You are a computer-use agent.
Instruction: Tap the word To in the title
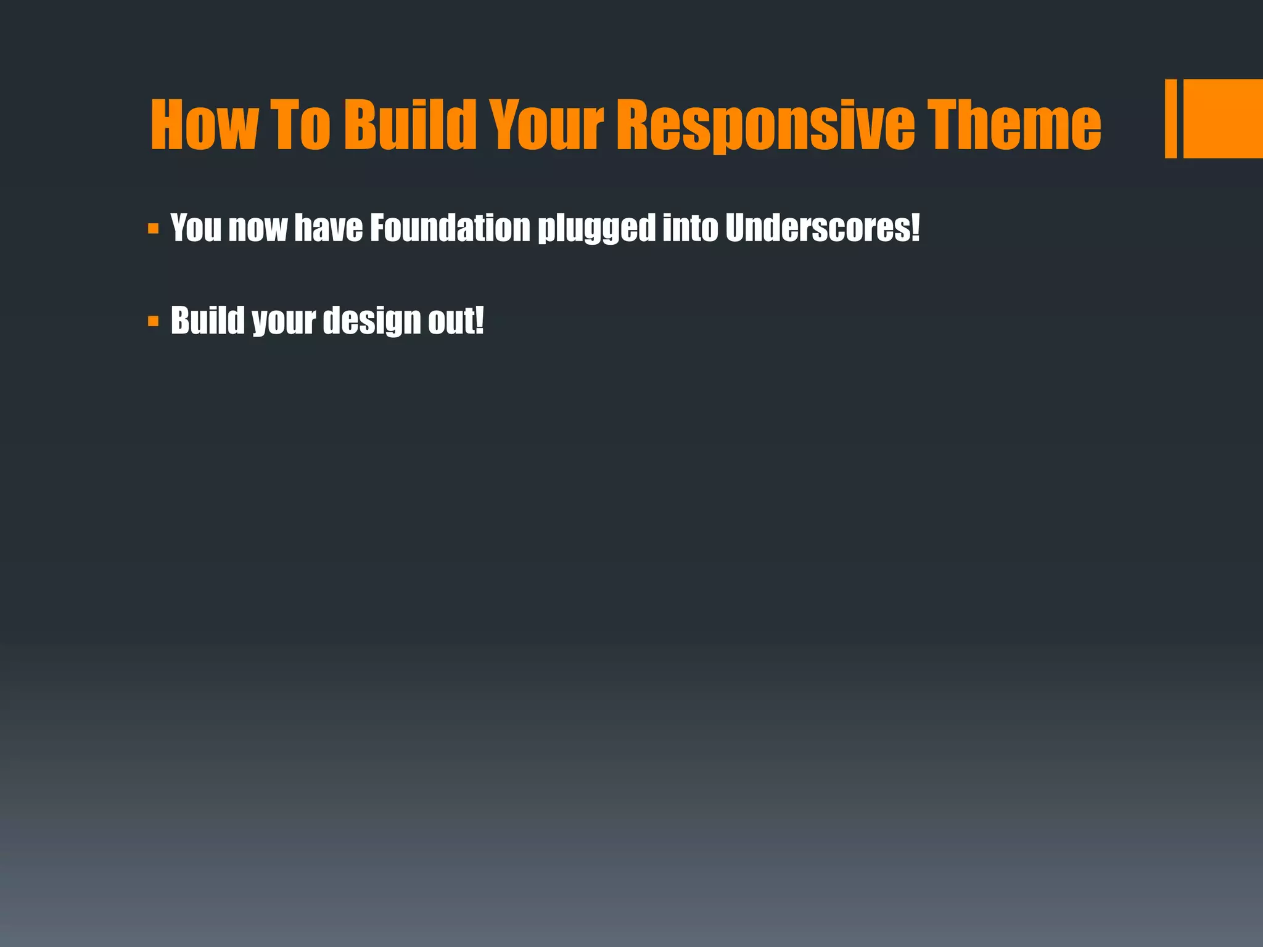coord(303,125)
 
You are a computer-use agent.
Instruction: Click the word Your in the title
coord(546,125)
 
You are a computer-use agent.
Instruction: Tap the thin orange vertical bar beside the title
coord(1170,118)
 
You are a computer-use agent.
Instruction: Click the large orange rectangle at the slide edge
coord(1224,118)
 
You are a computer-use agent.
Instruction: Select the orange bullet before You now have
coord(154,229)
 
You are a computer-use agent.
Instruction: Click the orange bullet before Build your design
coord(154,321)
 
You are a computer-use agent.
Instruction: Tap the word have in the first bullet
coord(328,228)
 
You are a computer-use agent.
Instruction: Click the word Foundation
coord(450,228)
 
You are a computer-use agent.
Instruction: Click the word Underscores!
coord(822,228)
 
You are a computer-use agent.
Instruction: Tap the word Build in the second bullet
coord(207,321)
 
